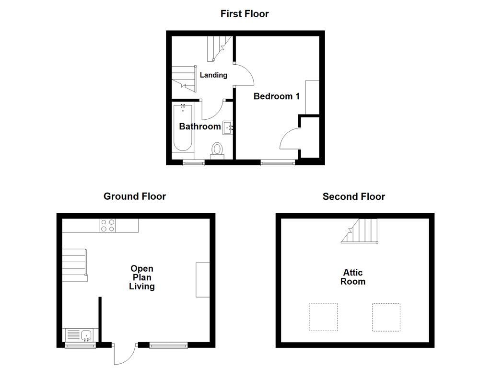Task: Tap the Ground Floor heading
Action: pyautogui.click(x=135, y=196)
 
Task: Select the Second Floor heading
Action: pyautogui.click(x=353, y=196)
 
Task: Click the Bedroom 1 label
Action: pyautogui.click(x=277, y=96)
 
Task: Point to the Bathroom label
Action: pyautogui.click(x=199, y=126)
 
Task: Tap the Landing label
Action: pyautogui.click(x=213, y=75)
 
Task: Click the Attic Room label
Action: pyautogui.click(x=353, y=277)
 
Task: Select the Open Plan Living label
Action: pyautogui.click(x=141, y=277)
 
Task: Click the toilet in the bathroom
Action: pyautogui.click(x=218, y=150)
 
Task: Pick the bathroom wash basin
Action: pyautogui.click(x=228, y=127)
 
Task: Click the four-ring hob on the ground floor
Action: pyautogui.click(x=107, y=225)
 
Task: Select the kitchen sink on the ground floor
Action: pyautogui.click(x=80, y=334)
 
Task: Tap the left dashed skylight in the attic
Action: pyautogui.click(x=323, y=317)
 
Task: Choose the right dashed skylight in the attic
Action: pyautogui.click(x=386, y=317)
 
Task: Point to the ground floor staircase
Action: pyautogui.click(x=74, y=264)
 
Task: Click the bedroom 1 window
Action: pyautogui.click(x=278, y=163)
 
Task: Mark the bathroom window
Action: pyautogui.click(x=194, y=163)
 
